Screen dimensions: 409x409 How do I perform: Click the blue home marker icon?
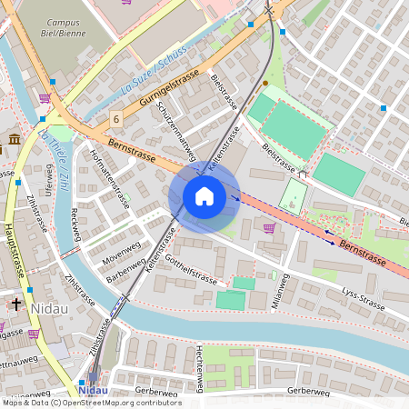(x=204, y=196)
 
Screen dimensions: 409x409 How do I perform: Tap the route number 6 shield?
(x=116, y=119)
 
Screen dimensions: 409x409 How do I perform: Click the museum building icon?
(x=15, y=139)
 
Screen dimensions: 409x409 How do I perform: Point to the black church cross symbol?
(x=15, y=304)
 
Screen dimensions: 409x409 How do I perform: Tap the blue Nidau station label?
(x=95, y=391)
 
